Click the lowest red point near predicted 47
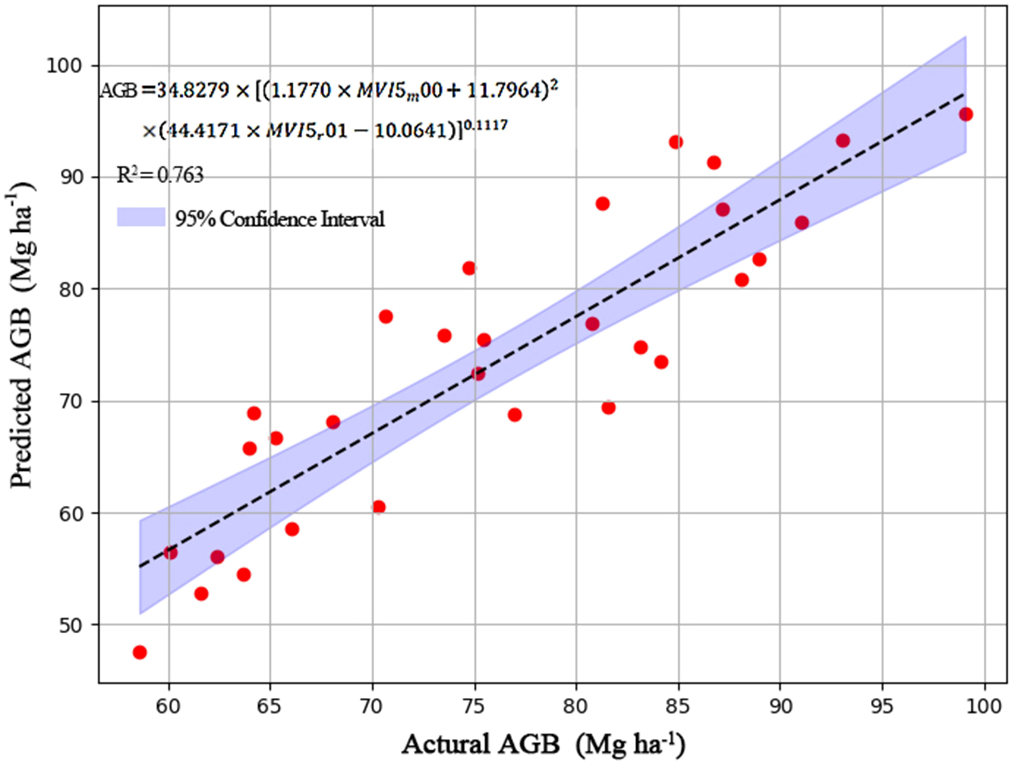click(x=140, y=652)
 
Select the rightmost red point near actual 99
click(x=966, y=114)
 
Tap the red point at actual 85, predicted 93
click(x=676, y=142)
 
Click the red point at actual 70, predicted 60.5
click(x=379, y=507)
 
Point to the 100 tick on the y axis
click(x=68, y=66)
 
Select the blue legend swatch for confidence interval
click(x=141, y=217)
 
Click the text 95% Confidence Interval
click(x=279, y=219)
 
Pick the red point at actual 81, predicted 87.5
click(x=603, y=204)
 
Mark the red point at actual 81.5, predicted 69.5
click(x=608, y=408)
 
